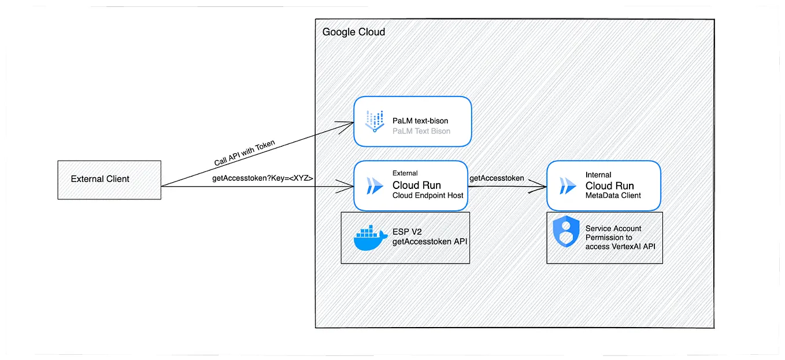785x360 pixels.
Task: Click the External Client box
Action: point(109,179)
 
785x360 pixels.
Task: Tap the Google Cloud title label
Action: point(353,32)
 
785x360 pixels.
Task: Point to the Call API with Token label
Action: point(245,153)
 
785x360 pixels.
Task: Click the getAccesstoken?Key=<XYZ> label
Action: point(262,179)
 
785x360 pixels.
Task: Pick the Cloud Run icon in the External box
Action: point(374,185)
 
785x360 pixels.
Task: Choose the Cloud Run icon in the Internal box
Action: point(567,186)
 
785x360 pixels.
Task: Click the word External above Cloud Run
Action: point(405,173)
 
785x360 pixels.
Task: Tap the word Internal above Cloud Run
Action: point(598,175)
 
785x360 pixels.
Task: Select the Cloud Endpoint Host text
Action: point(427,196)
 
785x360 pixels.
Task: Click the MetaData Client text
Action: point(613,196)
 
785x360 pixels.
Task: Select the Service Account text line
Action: point(613,229)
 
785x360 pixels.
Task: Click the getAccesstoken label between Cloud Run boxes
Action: point(497,178)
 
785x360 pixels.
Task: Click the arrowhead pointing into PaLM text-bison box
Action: point(348,123)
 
